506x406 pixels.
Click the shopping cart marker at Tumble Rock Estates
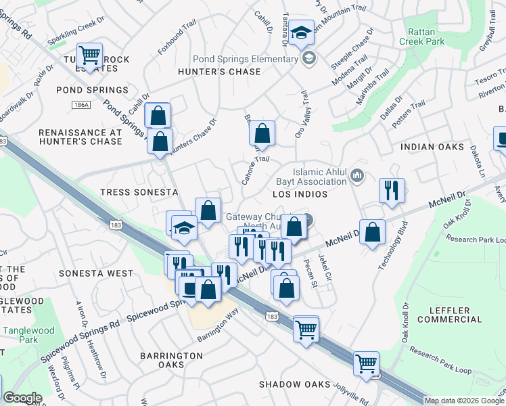point(89,54)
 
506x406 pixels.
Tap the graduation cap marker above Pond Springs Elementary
point(300,32)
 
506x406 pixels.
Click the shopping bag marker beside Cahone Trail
point(262,133)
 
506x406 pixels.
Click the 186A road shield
point(81,105)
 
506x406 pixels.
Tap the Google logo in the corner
point(22,398)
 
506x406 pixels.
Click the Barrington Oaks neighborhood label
point(171,360)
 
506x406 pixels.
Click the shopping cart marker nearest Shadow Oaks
point(366,363)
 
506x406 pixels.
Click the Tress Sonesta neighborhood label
point(139,192)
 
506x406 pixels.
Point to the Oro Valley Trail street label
point(301,115)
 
